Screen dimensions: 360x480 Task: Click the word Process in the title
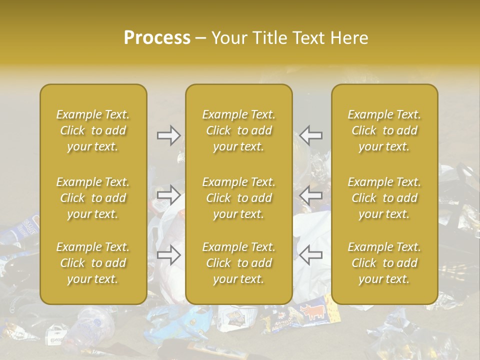pyautogui.click(x=157, y=38)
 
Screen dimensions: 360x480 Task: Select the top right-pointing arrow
pyautogui.click(x=169, y=135)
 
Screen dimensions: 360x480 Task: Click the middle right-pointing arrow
pyautogui.click(x=169, y=194)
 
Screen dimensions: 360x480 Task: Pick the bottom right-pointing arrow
pyautogui.click(x=169, y=255)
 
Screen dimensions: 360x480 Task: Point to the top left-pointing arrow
pyautogui.click(x=311, y=135)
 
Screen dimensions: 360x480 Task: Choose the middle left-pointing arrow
pyautogui.click(x=311, y=194)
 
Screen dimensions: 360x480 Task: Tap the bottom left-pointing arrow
pyautogui.click(x=311, y=255)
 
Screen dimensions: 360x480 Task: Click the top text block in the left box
pyautogui.click(x=93, y=130)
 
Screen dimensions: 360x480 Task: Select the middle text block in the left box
pyautogui.click(x=93, y=198)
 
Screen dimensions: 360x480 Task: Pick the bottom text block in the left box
pyautogui.click(x=93, y=263)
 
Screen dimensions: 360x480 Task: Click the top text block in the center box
pyautogui.click(x=238, y=130)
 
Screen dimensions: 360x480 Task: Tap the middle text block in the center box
pyautogui.click(x=238, y=198)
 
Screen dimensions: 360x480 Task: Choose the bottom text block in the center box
pyautogui.click(x=238, y=263)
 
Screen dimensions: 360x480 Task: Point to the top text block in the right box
pyautogui.click(x=384, y=130)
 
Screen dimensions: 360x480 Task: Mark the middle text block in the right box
pyautogui.click(x=384, y=198)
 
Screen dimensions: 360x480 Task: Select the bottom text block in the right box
pyautogui.click(x=384, y=263)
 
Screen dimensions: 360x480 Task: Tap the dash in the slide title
pyautogui.click(x=201, y=38)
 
